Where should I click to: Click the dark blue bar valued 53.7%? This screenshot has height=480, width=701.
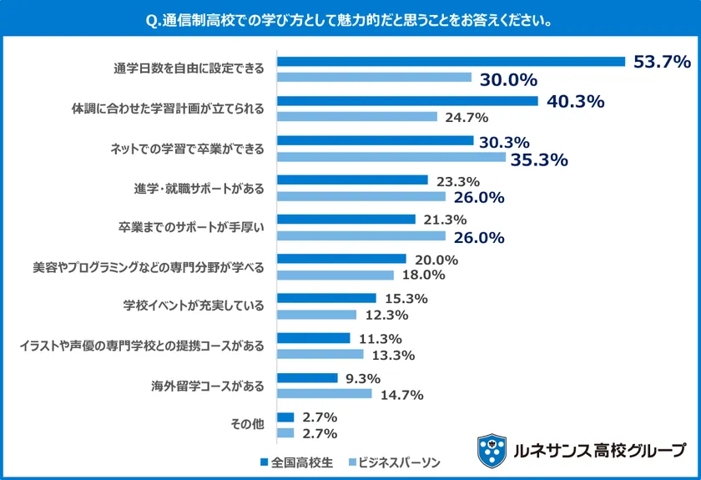coord(451,62)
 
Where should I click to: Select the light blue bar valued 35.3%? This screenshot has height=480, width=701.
coord(391,157)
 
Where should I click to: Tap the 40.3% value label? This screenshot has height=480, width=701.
coord(575,102)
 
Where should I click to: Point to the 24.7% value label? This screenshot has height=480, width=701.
coord(466,117)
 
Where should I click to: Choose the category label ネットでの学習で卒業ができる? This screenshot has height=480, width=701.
coord(187,149)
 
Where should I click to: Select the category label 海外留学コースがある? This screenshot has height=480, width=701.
coord(207,387)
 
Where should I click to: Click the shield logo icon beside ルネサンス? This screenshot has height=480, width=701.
coord(492,451)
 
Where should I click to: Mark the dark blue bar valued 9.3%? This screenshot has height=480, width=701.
coord(307,378)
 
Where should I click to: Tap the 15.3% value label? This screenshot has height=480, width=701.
coord(406,299)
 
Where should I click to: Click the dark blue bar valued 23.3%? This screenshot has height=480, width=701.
coord(352,180)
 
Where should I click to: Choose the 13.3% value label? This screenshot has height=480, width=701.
coord(392,354)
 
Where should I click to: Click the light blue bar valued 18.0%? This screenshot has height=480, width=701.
coord(335,275)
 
